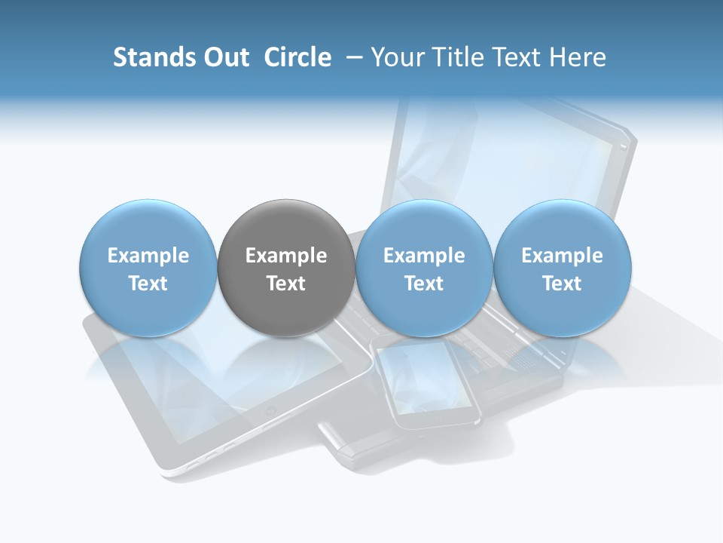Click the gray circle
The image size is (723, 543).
pyautogui.click(x=286, y=268)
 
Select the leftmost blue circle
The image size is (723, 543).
pyautogui.click(x=148, y=268)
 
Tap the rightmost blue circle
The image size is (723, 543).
pyautogui.click(x=562, y=268)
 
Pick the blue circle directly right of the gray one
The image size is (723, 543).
pyautogui.click(x=424, y=268)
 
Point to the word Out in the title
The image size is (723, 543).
pyautogui.click(x=225, y=57)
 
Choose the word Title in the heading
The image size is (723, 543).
pyautogui.click(x=456, y=57)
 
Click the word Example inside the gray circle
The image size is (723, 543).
pyautogui.click(x=286, y=256)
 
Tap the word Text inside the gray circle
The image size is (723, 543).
pyautogui.click(x=286, y=284)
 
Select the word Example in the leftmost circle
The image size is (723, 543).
pyautogui.click(x=148, y=256)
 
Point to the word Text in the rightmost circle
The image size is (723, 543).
pyautogui.click(x=562, y=284)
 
